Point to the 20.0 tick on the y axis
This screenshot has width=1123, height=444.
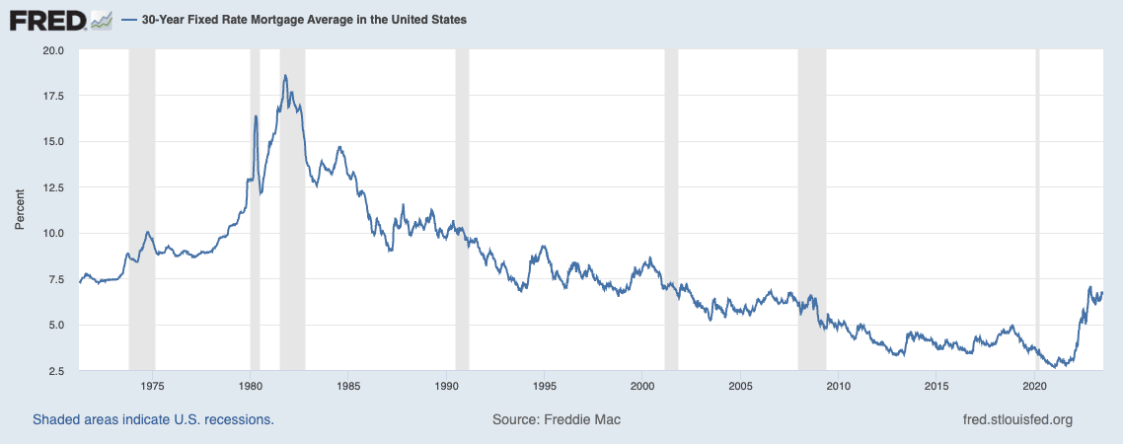click(52, 50)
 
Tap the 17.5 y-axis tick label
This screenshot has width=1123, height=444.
click(52, 97)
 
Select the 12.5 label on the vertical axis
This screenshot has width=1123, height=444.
click(52, 188)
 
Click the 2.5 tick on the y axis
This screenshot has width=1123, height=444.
click(55, 371)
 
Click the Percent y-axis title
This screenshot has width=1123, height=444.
click(20, 211)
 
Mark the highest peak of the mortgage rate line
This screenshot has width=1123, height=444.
click(284, 76)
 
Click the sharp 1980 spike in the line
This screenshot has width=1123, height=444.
click(256, 116)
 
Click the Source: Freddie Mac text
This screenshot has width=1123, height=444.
click(557, 419)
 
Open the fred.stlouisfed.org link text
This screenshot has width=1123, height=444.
click(1016, 419)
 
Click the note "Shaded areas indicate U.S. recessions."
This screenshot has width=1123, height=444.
click(153, 419)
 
